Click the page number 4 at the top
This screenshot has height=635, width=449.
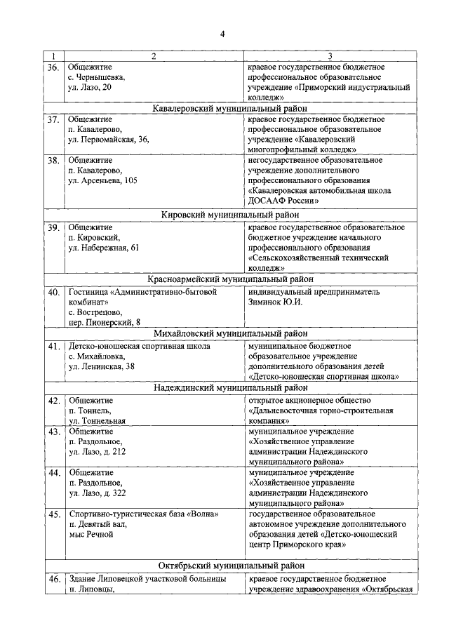pos(223,35)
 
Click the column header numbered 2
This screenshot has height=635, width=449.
pos(153,57)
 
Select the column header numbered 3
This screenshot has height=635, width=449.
pos(330,57)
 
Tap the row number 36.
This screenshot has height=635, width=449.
pos(53,67)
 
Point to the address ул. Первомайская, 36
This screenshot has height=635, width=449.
pos(109,140)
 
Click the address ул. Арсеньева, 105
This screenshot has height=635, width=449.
pos(102,180)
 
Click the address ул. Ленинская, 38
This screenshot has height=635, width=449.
pos(102,366)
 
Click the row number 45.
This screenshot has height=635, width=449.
pos(53,515)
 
